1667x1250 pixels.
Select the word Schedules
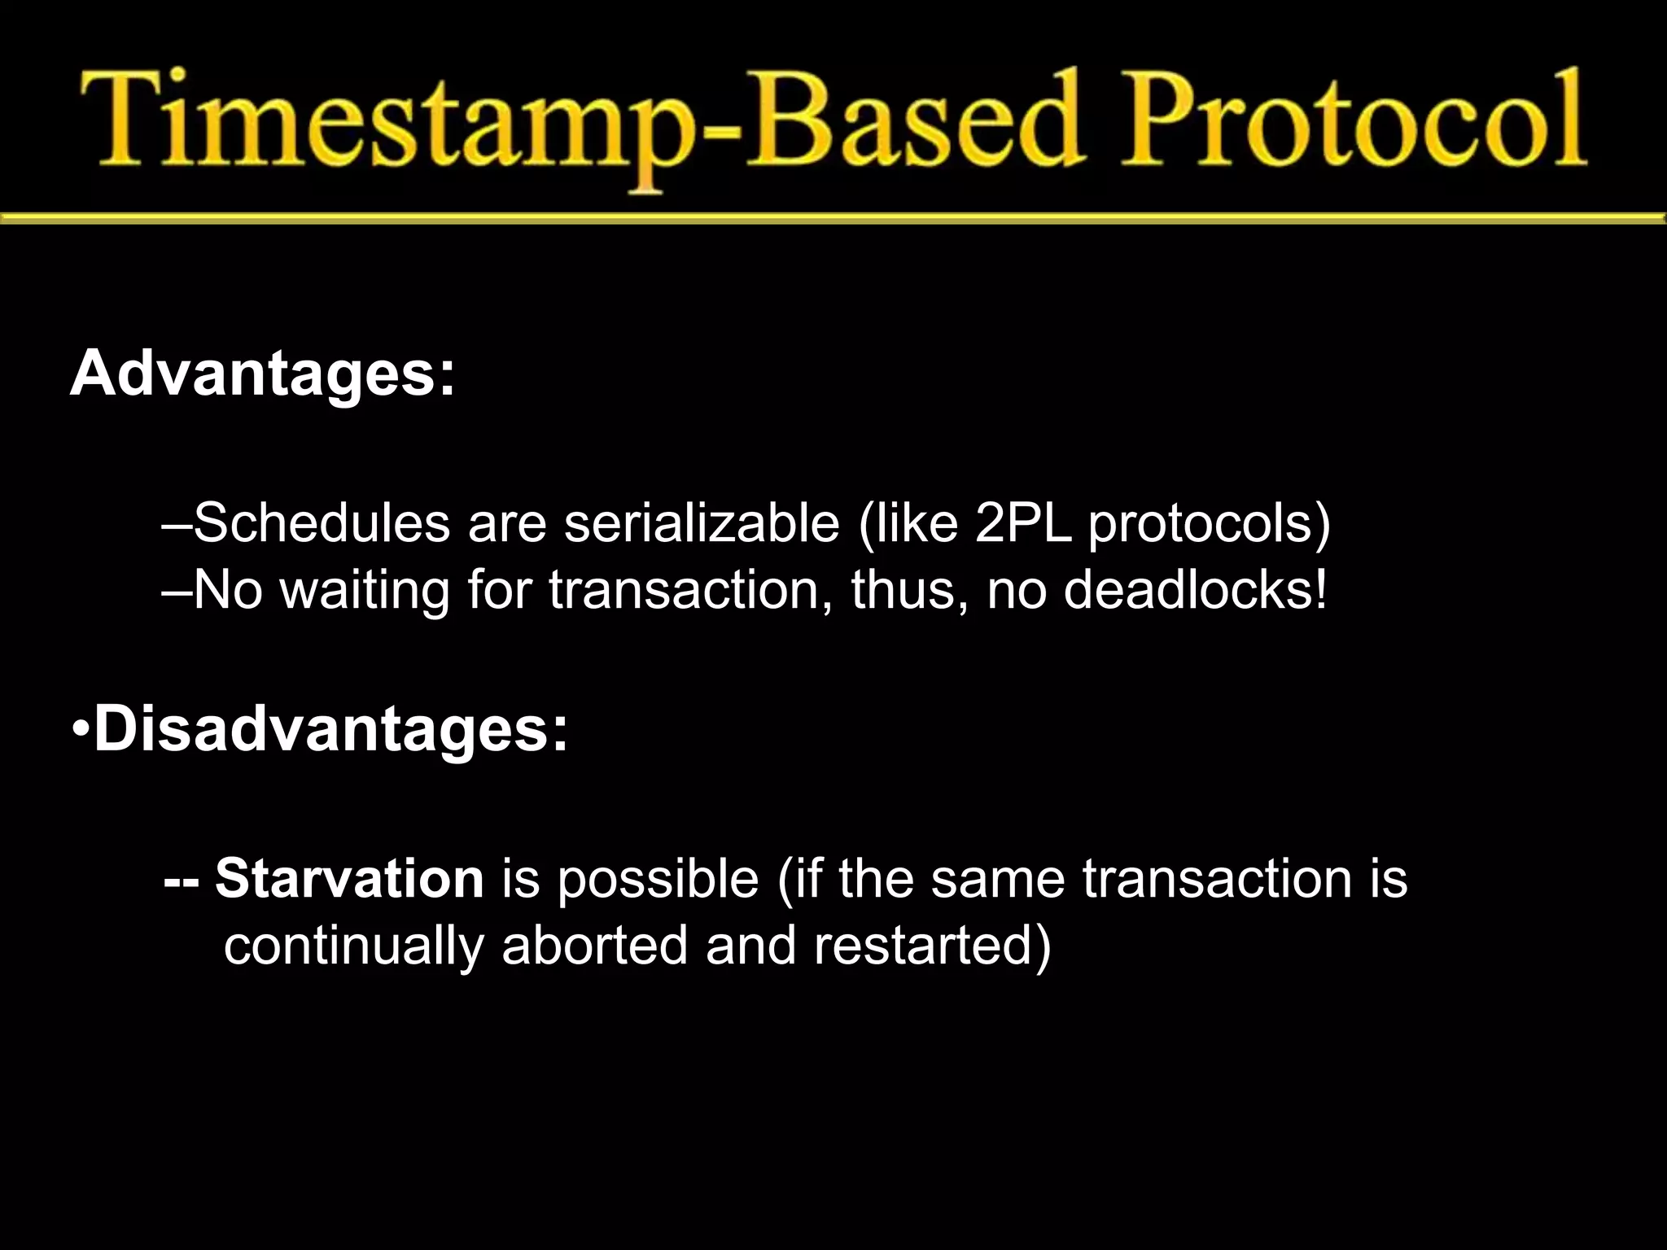click(x=322, y=522)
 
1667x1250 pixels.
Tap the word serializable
click(x=702, y=522)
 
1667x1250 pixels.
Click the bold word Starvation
click(x=350, y=879)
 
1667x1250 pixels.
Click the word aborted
click(x=595, y=945)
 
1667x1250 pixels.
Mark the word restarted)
click(x=932, y=946)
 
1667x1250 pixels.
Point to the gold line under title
click(x=833, y=217)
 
